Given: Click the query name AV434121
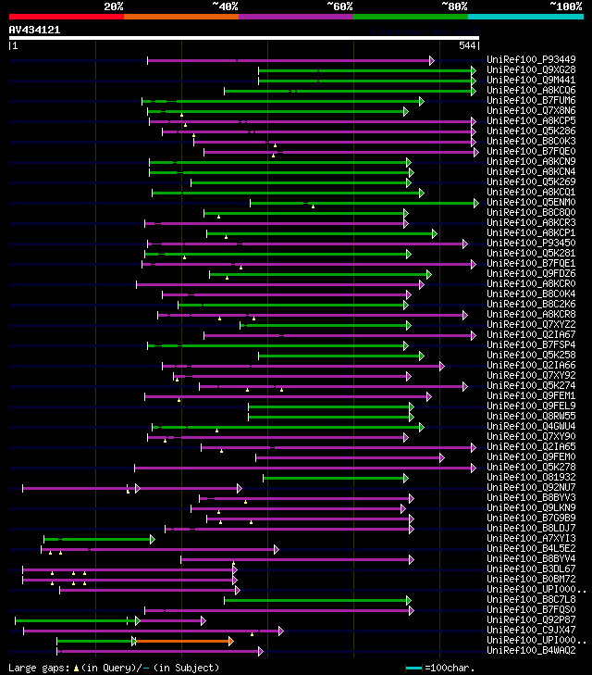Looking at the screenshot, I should [35, 30].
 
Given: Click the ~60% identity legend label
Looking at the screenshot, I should [339, 6].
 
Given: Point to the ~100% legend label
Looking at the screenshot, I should [564, 6].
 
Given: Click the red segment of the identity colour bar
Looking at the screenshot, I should [65, 16].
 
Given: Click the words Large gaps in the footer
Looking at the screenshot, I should [31, 668].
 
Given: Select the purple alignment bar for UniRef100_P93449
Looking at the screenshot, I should [287, 60].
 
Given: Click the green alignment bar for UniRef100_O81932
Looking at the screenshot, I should [333, 478].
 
